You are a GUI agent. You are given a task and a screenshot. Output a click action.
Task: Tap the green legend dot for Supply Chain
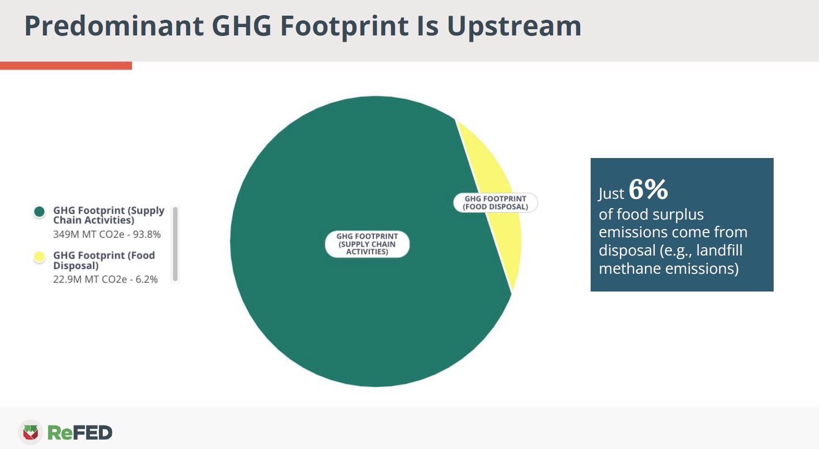pos(39,211)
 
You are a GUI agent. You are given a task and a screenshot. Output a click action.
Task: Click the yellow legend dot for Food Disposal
pos(39,257)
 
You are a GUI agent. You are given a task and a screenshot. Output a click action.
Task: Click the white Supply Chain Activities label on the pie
pos(367,244)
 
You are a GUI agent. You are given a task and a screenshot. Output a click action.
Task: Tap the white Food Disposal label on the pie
pos(495,203)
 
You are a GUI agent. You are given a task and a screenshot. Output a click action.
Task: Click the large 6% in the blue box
pos(648,189)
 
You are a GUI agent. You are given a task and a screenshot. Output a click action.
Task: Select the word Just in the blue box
pos(611,194)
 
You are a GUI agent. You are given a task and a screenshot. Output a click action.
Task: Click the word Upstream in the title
pos(514,26)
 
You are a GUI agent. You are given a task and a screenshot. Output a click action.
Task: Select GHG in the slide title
pos(241,26)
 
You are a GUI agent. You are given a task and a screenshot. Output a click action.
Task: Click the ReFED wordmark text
pos(80,433)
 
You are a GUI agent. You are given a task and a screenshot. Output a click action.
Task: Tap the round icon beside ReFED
pos(31,432)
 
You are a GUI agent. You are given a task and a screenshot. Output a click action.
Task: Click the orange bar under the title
pos(66,66)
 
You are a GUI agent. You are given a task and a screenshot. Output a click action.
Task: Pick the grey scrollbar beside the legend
pos(175,244)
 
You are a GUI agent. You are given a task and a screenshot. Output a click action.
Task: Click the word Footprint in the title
pos(345,26)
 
